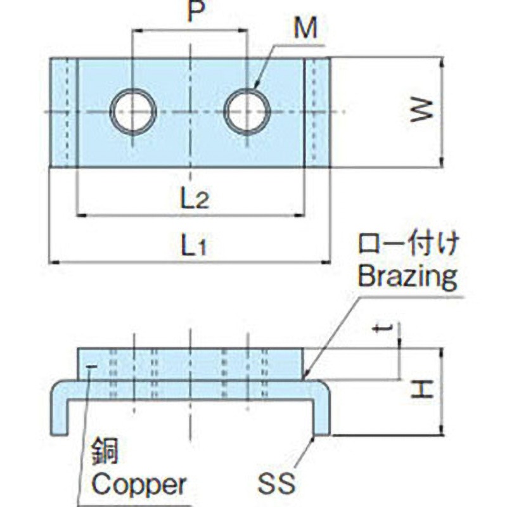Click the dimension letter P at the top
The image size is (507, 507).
pos(196,11)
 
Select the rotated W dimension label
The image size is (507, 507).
pos(421,110)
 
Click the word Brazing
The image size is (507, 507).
pos(408,276)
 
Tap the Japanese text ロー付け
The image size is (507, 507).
pos(408,245)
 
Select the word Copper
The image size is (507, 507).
pos(139,484)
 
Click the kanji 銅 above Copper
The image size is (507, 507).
pos(105,452)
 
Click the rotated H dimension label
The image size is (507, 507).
pos(421,389)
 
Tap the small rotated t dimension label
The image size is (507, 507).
pos(383,330)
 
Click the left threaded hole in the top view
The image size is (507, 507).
pos(133,112)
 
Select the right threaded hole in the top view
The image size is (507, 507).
pos(247,112)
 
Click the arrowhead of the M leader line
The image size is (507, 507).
pos(255,86)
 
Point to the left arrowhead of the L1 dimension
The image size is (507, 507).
pos(54,262)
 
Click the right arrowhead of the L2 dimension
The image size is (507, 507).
pos(300,215)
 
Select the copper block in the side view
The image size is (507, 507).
pos(191,364)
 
